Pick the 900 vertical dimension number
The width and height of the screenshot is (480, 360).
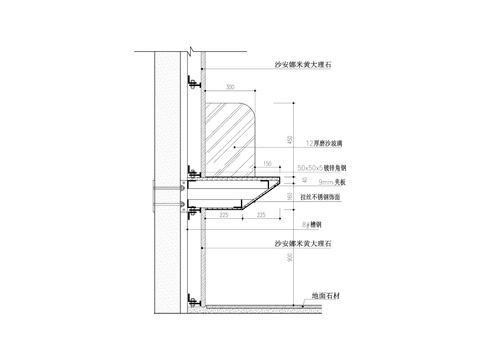tap(290, 258)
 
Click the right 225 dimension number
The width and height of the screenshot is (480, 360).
tap(261, 214)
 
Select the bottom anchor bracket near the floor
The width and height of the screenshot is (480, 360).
tap(190, 294)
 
